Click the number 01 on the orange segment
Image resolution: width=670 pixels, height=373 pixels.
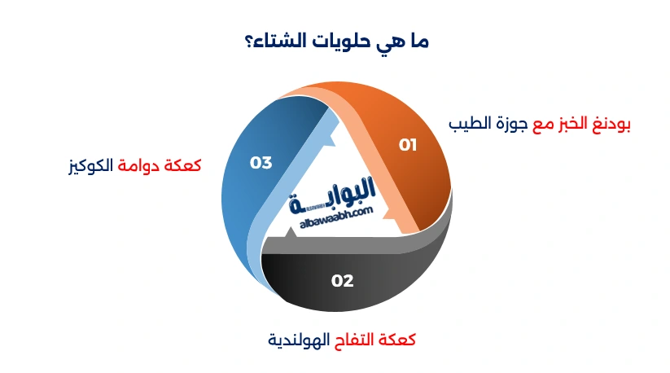(407, 145)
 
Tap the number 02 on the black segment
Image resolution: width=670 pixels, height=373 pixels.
(343, 281)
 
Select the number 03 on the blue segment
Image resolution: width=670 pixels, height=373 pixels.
(261, 163)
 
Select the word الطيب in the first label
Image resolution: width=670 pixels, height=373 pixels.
(470, 125)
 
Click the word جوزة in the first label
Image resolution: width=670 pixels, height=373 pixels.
(510, 125)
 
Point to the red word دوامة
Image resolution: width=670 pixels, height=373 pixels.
(144, 165)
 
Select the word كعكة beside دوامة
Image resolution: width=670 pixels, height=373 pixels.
(184, 165)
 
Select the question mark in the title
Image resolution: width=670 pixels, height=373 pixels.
(247, 41)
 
